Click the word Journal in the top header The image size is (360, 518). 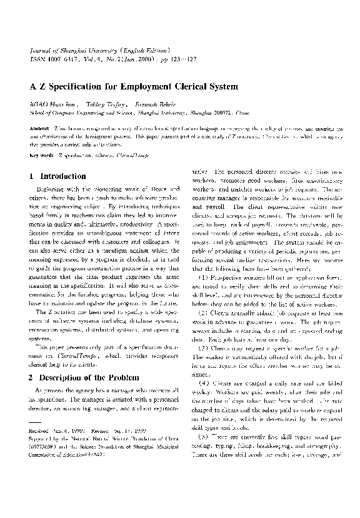click(41, 48)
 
